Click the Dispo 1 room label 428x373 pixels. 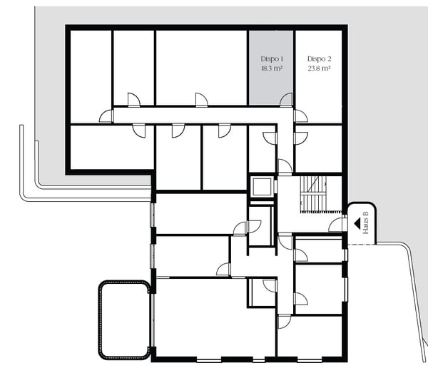click(x=272, y=58)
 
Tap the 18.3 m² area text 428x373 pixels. click(x=272, y=69)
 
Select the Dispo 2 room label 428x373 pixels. click(x=320, y=58)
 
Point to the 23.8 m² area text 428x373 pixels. click(x=320, y=69)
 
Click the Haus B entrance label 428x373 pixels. click(x=366, y=223)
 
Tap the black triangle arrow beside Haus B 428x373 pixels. click(x=356, y=223)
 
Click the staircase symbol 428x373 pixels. click(x=313, y=193)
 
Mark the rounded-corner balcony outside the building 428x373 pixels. click(x=125, y=320)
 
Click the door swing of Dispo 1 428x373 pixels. click(x=286, y=100)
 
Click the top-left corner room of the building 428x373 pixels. click(x=91, y=75)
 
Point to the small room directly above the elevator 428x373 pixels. click(x=261, y=150)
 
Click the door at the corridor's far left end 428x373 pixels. click(x=106, y=116)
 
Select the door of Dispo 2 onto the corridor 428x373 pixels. click(x=300, y=116)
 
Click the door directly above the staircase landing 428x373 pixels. click(x=285, y=167)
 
